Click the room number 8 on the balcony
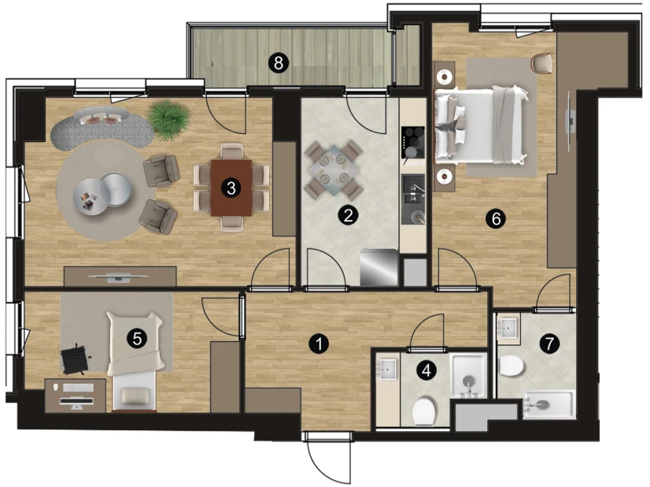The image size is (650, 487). [278, 64]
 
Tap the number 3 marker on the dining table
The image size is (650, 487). [231, 188]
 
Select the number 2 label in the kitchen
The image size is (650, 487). [348, 215]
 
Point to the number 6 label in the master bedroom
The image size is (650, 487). [496, 218]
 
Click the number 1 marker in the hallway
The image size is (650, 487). [319, 344]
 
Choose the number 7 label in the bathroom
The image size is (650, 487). [549, 344]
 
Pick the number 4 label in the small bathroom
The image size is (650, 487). [427, 370]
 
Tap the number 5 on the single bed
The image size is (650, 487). [137, 339]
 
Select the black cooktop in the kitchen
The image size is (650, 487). [413, 143]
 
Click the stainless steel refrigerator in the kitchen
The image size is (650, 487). [379, 267]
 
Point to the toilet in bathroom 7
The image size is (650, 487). [512, 366]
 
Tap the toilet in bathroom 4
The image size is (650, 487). [424, 411]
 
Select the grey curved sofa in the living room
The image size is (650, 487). [102, 126]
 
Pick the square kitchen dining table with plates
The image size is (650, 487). [334, 169]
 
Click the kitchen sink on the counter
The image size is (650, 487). [413, 199]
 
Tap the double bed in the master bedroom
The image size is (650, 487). [481, 125]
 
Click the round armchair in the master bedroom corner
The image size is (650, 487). [542, 64]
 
